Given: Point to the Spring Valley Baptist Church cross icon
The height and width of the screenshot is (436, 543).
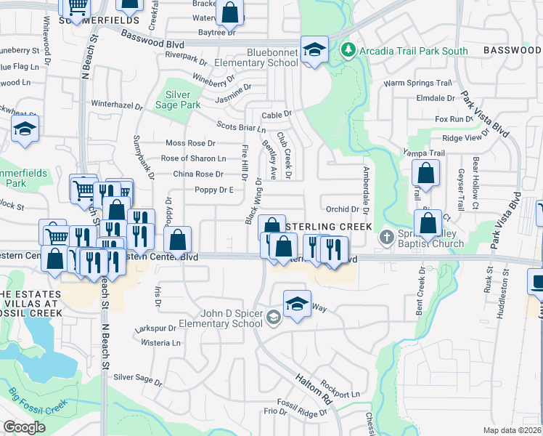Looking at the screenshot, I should (387, 238).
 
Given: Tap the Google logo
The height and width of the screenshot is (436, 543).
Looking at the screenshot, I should (24, 427).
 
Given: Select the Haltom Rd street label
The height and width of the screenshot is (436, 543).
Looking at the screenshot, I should (314, 389).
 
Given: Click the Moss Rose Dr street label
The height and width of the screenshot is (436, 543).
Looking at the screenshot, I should (191, 143).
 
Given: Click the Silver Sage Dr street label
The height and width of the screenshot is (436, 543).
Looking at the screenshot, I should (138, 379).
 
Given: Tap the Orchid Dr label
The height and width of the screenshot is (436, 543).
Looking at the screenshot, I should (343, 209).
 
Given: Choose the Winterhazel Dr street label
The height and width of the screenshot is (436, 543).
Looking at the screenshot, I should (117, 105).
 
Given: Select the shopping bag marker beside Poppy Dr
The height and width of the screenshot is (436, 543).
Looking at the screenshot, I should (177, 240).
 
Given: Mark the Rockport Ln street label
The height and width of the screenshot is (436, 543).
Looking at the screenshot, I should (340, 395).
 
